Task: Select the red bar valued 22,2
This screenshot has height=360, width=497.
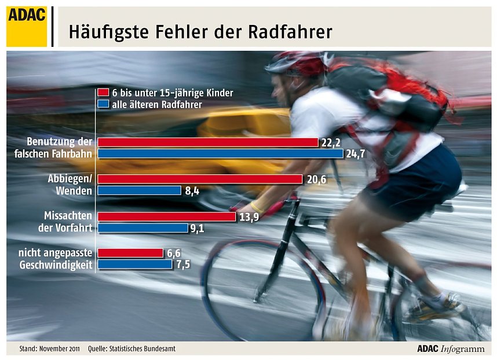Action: pos(208,142)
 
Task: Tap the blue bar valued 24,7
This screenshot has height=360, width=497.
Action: pos(220,154)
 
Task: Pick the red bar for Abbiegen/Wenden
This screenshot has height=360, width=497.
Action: pos(200,179)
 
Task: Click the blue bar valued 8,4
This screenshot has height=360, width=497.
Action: pos(139,190)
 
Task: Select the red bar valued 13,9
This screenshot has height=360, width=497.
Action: pos(166,216)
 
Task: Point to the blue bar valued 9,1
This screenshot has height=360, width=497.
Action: pos(142,228)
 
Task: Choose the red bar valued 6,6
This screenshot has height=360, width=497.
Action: pos(130,253)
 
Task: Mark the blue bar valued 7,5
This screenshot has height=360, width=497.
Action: pos(134,265)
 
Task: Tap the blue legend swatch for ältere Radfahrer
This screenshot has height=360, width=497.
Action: pos(103,105)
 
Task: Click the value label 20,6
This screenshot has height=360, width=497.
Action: pos(316,180)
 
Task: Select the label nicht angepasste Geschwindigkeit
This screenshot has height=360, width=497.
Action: pos(56,259)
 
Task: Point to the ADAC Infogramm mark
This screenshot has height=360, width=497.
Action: pos(451,349)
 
